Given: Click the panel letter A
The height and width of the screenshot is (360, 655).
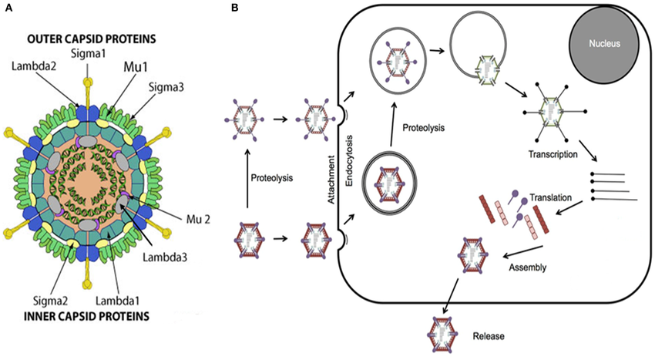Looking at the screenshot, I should pos(8,7).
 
